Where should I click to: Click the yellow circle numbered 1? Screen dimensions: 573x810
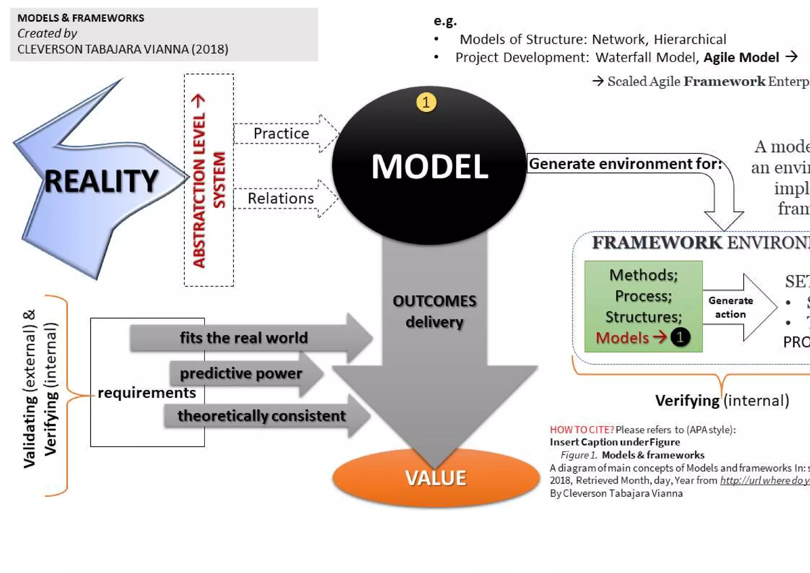pos(426,102)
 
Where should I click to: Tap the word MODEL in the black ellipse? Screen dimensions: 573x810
pos(430,167)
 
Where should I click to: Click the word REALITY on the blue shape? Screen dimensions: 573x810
pos(101,181)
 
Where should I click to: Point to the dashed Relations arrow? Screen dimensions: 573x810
pos(285,198)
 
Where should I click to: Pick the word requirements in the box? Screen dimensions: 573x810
pos(147,393)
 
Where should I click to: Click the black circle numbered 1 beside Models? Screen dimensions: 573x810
pos(680,338)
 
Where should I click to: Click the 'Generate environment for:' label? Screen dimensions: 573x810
pos(625,163)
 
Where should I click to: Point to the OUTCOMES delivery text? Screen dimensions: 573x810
pos(435,311)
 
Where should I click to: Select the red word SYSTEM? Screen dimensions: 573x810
pos(219,180)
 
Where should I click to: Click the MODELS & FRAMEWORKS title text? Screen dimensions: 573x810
pos(81,18)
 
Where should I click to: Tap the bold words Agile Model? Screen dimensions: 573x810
pos(741,58)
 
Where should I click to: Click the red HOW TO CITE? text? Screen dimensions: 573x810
pos(582,430)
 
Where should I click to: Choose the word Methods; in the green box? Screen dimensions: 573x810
pos(643,275)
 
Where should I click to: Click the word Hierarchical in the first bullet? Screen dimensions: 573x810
pos(690,40)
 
